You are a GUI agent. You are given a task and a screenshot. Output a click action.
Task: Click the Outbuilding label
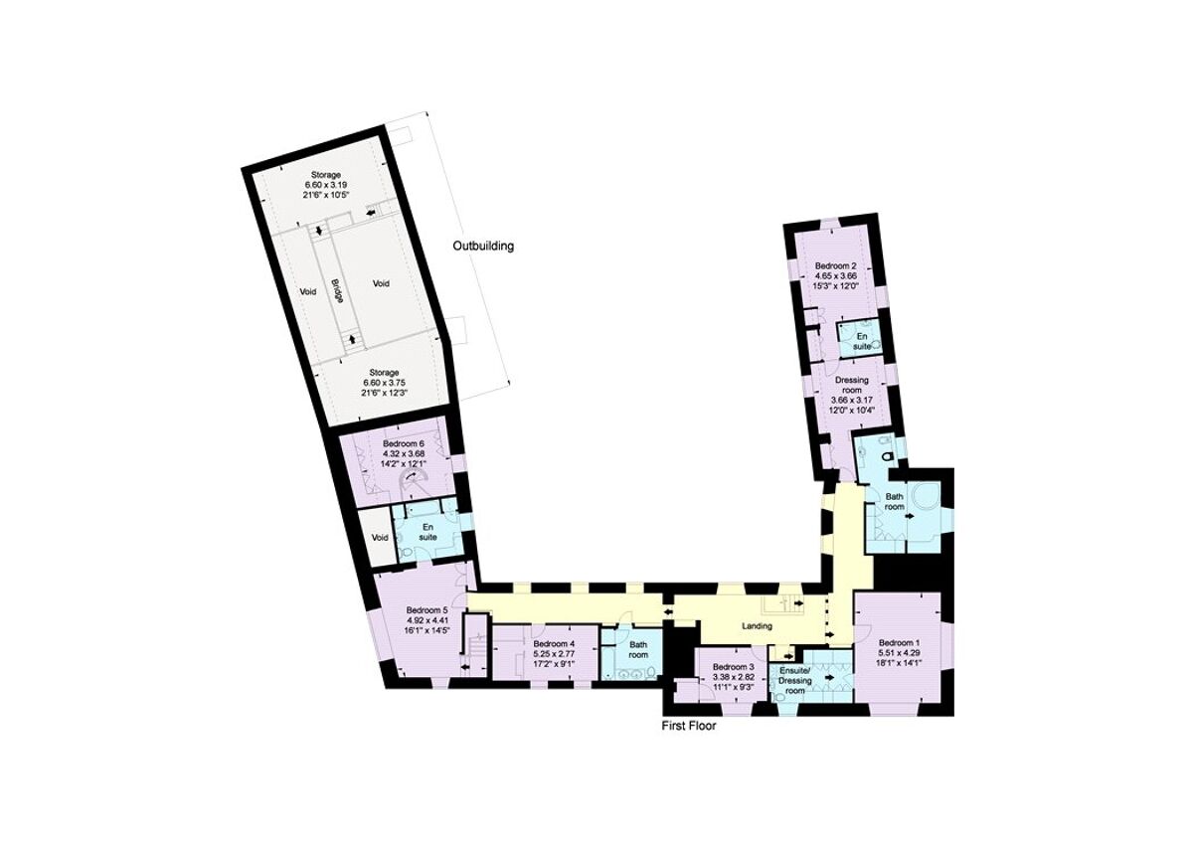click(x=483, y=246)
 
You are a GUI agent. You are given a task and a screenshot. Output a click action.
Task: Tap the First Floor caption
click(x=689, y=726)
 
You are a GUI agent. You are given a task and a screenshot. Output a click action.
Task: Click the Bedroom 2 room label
click(x=835, y=266)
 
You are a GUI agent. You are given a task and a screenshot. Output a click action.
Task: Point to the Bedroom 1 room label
click(x=898, y=643)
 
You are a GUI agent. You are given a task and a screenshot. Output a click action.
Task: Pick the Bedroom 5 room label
click(x=428, y=610)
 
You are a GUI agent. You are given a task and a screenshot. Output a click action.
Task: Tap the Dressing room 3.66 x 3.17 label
click(x=851, y=394)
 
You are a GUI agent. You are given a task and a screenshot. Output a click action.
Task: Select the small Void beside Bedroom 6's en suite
click(x=379, y=538)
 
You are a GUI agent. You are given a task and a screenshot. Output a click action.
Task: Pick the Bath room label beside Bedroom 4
click(x=637, y=649)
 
